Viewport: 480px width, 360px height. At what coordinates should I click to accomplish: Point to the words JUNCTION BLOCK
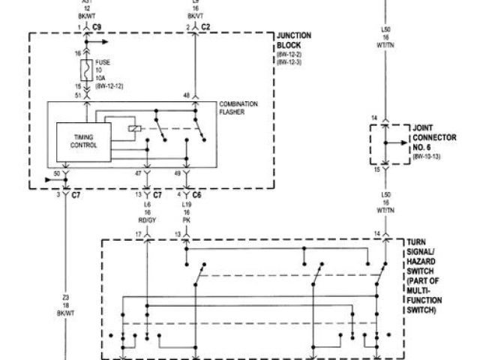point(295,40)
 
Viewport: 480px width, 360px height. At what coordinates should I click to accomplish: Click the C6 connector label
point(196,195)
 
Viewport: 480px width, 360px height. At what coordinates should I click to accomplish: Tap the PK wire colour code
point(185,221)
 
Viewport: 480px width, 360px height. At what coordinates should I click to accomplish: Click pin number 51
point(78,95)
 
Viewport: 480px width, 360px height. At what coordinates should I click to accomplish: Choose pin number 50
point(57,173)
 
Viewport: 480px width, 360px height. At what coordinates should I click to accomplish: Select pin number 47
point(138,174)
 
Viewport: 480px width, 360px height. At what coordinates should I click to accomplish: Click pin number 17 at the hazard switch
point(138,235)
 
